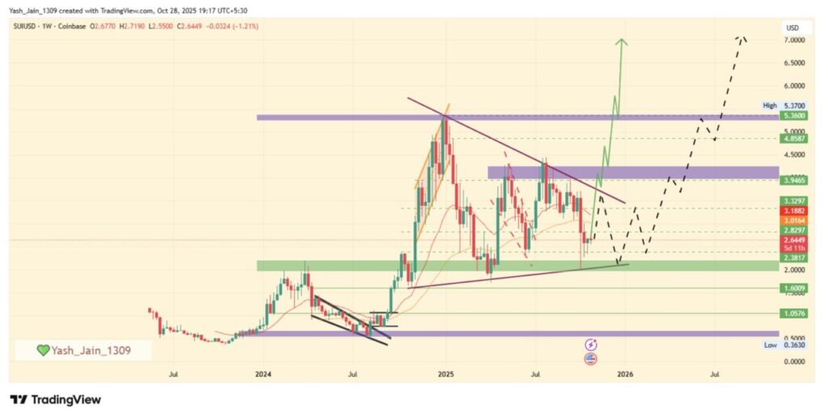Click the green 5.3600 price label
tap(792, 115)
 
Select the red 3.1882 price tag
tap(792, 209)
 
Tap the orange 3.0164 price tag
tap(792, 220)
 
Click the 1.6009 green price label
tap(792, 288)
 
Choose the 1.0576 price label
tap(792, 313)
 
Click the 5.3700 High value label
tap(793, 106)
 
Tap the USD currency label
tap(792, 28)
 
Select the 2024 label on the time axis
tap(262, 374)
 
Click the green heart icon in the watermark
tap(44, 350)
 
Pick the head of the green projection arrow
tap(620, 40)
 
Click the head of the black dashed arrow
tap(741, 38)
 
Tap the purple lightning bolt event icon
tap(590, 344)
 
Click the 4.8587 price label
tap(792, 138)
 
